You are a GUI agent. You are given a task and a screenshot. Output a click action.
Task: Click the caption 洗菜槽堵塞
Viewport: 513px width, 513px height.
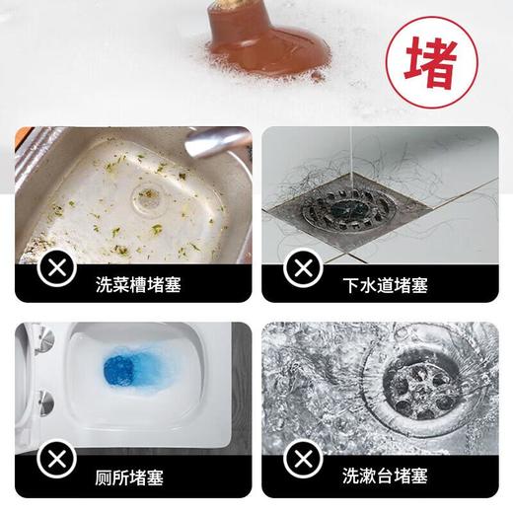[x=138, y=286]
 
